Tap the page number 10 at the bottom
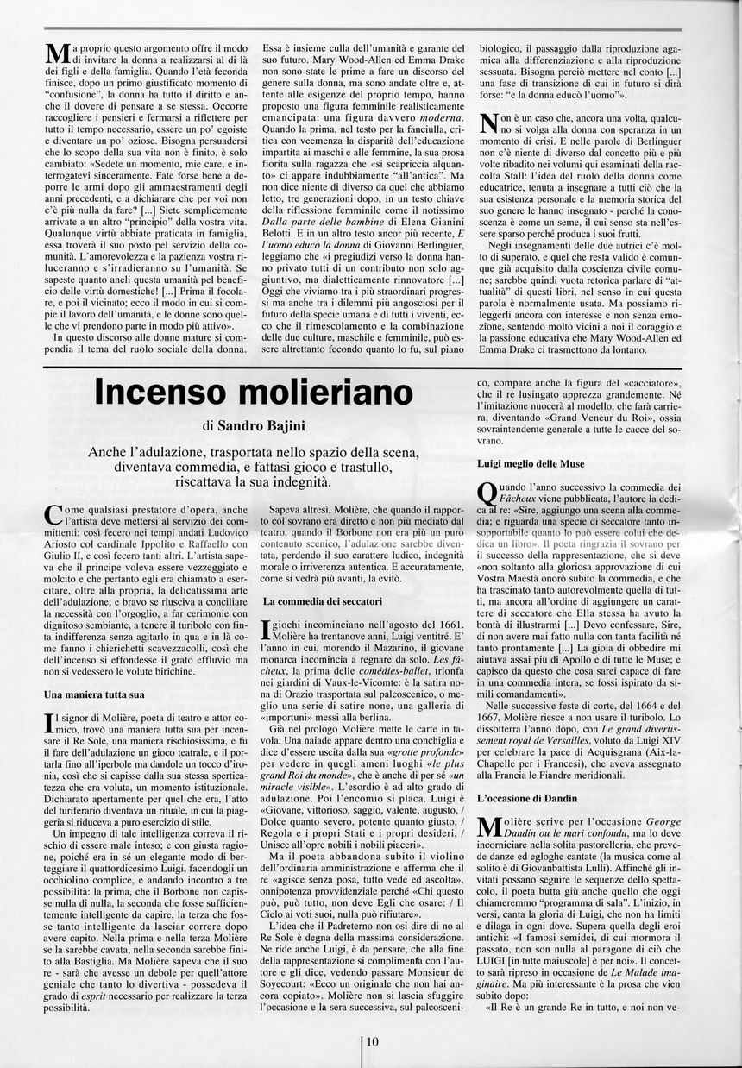(372, 1041)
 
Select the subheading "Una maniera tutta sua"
(94, 694)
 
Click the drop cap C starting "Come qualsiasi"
(52, 514)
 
